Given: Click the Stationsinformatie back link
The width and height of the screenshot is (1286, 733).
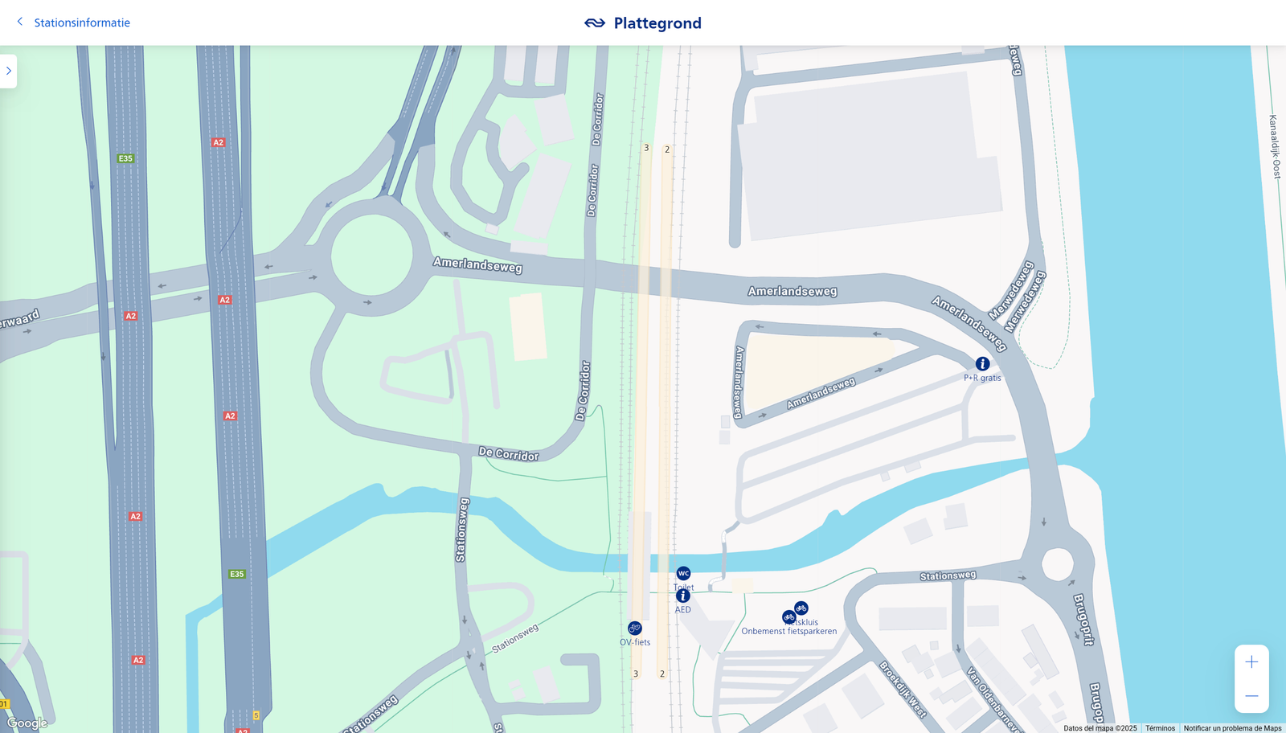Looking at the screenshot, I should click(81, 23).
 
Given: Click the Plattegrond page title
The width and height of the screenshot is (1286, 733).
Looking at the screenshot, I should click(657, 23).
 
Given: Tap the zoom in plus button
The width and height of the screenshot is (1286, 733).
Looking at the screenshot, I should click(1251, 662).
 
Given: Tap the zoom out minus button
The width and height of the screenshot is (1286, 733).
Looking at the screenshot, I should click(1251, 696).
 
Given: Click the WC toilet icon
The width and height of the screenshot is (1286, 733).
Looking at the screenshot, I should click(683, 573).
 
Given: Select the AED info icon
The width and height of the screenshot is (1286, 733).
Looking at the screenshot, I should click(683, 596).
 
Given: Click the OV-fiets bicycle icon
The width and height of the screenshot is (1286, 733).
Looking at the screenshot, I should click(635, 628).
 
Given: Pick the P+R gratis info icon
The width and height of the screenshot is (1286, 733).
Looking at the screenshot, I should click(982, 364).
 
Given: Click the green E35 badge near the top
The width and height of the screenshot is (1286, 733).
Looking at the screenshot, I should click(125, 158).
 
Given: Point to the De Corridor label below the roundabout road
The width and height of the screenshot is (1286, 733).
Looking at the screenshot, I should click(509, 454).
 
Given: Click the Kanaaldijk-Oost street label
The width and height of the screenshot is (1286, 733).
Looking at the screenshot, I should click(1275, 146).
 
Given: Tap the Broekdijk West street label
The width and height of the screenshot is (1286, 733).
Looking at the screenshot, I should click(903, 689).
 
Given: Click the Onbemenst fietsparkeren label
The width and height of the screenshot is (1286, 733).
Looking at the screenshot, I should click(788, 632).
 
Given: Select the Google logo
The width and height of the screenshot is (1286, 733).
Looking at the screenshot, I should click(27, 723).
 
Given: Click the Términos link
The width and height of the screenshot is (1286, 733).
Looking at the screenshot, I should click(1160, 728).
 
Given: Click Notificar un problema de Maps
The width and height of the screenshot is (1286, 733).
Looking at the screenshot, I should click(1232, 728).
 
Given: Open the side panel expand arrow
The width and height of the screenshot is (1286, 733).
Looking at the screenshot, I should click(8, 71).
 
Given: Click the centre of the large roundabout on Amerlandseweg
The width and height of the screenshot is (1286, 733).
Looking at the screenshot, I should click(371, 256).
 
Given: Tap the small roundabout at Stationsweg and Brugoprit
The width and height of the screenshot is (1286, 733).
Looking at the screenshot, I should click(1057, 564).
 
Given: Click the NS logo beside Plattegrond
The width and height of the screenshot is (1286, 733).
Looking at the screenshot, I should click(595, 23).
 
